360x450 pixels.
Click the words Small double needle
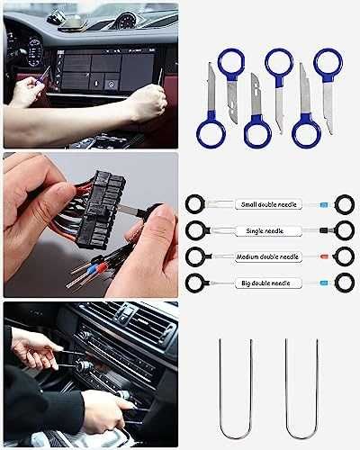[x=267, y=204]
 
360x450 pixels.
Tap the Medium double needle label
[x=267, y=256]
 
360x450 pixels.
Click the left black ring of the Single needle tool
[x=195, y=230]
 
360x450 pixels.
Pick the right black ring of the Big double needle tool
[x=344, y=283]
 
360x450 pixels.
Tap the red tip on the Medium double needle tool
[x=322, y=256]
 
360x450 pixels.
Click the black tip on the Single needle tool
[x=322, y=230]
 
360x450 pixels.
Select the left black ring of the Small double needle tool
[x=195, y=204]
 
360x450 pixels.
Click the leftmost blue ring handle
[x=211, y=134]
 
